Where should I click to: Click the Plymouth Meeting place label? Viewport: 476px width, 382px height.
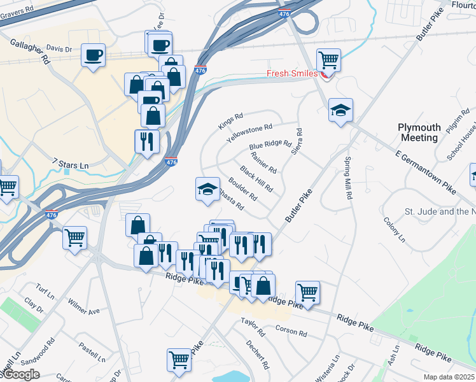418,132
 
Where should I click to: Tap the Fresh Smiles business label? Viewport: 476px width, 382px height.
291,73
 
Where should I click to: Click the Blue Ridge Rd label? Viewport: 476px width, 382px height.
270,147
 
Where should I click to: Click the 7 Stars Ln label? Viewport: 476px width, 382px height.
70,166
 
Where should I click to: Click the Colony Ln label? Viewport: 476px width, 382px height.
394,230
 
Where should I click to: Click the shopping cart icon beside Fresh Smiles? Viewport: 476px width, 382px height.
328,60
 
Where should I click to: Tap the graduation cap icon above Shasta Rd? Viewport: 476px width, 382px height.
207,188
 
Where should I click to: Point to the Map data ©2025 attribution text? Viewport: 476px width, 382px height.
449,377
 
